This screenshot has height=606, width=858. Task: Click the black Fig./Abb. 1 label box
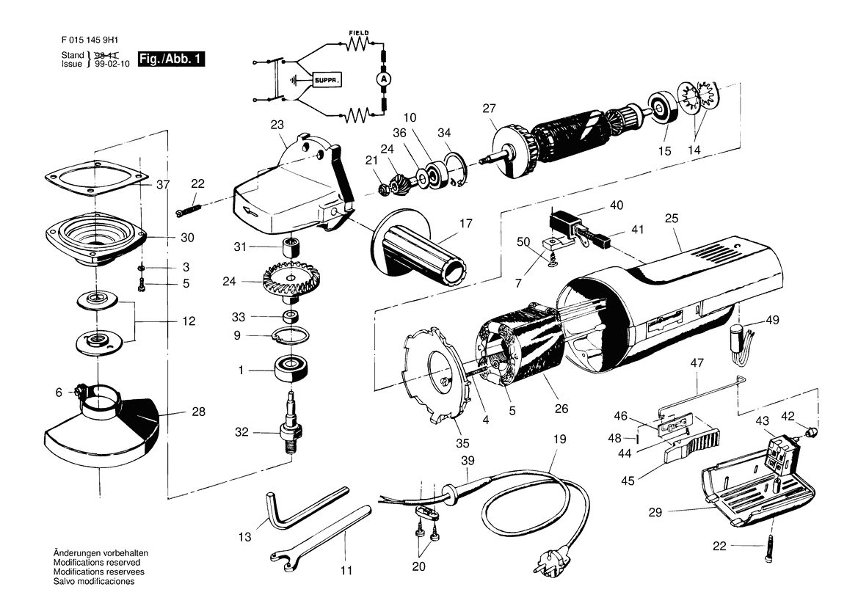coord(171,59)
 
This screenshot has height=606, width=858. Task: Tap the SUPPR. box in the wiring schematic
coord(327,81)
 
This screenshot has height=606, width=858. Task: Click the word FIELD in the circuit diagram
coord(359,33)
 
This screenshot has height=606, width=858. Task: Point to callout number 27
coord(489,109)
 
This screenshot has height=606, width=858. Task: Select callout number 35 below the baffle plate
coord(462,442)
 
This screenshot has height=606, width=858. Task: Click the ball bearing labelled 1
coord(291,368)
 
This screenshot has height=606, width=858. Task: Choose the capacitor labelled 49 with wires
coord(743,343)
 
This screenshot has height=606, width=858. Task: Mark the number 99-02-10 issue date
coord(112,64)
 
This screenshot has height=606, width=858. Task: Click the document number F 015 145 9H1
coord(90,40)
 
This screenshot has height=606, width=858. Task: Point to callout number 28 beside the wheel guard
coord(199,412)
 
